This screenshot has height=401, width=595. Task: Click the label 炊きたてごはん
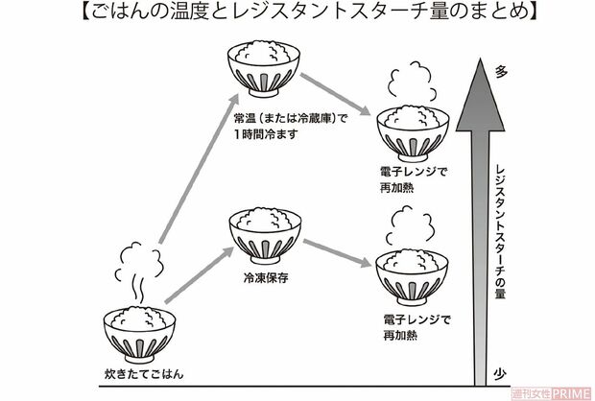point(140,370)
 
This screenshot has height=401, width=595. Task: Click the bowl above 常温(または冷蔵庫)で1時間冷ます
point(262,69)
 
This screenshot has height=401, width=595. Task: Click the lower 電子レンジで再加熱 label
point(412,327)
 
